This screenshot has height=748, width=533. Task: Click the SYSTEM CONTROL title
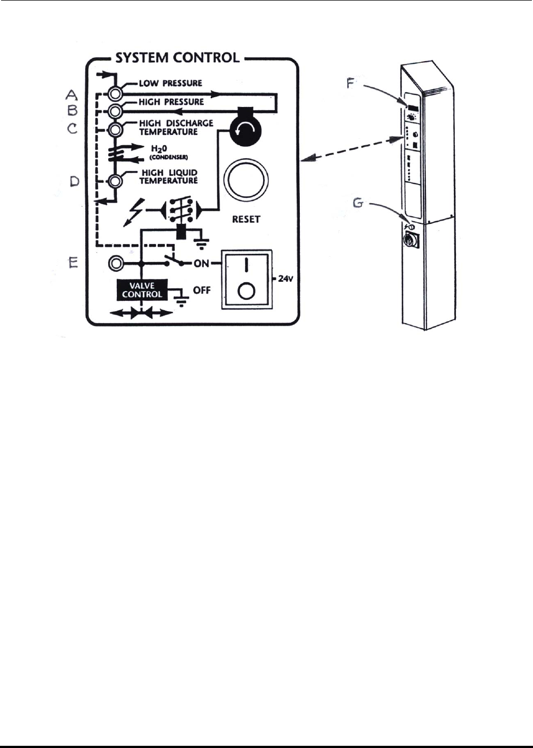point(177,58)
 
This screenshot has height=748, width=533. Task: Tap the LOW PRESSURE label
point(170,83)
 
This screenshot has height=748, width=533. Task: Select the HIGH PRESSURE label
point(171,102)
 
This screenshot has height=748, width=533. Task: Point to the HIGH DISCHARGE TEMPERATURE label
point(175,127)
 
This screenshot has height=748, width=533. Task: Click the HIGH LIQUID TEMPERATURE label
point(169,176)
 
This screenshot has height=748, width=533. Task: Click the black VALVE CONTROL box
point(142,290)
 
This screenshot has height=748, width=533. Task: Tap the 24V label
point(286,278)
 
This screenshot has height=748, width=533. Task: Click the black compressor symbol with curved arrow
point(246,130)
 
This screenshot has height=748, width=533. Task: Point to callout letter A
point(72,95)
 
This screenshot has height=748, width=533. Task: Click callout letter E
point(73,263)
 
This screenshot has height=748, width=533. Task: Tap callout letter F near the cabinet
point(351,84)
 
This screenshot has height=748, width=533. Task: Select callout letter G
point(358,203)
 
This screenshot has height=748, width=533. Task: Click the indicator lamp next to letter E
point(116,263)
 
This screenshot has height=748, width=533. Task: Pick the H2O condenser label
point(168,152)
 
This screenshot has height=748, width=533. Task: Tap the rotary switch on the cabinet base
point(410,240)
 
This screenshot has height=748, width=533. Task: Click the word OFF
point(202,290)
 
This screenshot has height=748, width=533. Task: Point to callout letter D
point(75,181)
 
